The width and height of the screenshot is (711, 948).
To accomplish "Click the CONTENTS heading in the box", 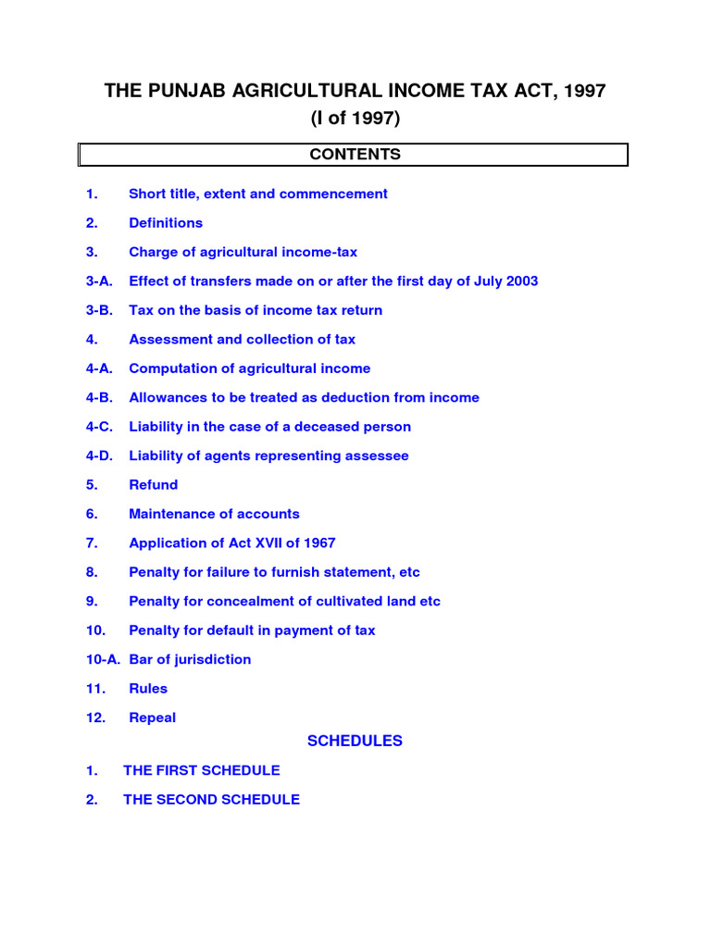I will (x=355, y=155).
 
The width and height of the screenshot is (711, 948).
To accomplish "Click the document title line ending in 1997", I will (x=355, y=91).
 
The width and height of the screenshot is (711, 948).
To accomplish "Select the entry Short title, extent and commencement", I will (x=257, y=193).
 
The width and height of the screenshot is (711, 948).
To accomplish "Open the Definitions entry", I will (x=166, y=223).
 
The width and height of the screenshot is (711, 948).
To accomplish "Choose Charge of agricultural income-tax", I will (x=243, y=252).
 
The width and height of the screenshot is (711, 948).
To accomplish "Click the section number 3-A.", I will (x=99, y=281).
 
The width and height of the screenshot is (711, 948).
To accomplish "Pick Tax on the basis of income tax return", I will (x=256, y=310).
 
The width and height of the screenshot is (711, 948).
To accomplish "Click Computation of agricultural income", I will (x=249, y=368).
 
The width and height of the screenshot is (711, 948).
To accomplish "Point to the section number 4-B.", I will (x=99, y=398).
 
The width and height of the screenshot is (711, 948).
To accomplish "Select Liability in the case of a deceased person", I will (x=269, y=427).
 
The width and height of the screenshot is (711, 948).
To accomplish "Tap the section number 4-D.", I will (x=99, y=455).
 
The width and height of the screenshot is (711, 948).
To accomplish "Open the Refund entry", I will (x=154, y=485).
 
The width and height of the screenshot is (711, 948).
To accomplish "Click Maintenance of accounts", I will (x=214, y=514).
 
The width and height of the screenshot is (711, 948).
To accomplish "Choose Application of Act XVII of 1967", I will (x=231, y=543).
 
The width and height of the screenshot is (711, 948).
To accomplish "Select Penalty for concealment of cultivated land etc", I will (x=284, y=601).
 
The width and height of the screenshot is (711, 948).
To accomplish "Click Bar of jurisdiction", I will (x=190, y=659).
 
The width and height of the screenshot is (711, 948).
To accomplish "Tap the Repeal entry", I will (x=152, y=717).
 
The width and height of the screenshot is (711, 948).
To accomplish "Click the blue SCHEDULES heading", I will (x=355, y=741).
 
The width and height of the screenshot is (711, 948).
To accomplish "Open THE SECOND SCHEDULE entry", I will (x=211, y=799).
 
